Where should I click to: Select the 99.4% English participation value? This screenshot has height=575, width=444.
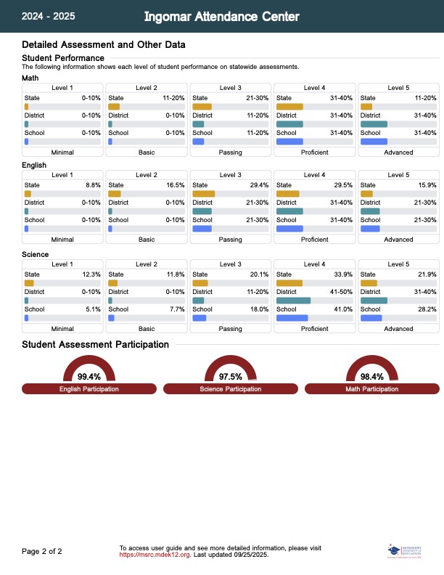click(89, 377)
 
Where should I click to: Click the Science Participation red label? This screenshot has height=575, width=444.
click(231, 389)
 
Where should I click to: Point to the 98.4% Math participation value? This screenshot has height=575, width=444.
click(371, 377)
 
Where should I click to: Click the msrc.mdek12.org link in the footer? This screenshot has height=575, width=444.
click(155, 555)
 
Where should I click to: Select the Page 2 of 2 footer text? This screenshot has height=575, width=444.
click(42, 552)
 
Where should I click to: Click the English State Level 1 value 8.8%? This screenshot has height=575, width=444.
click(93, 185)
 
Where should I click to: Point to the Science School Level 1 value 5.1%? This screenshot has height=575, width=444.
click(93, 309)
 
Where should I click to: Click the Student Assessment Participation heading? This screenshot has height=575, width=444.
click(96, 345)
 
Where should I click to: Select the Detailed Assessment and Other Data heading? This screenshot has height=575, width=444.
click(104, 45)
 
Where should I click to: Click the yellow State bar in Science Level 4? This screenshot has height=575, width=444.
click(289, 283)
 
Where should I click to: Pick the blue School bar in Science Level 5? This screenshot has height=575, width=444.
click(371, 318)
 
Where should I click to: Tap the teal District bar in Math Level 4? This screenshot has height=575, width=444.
click(289, 124)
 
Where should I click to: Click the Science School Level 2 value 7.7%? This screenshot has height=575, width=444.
click(176, 309)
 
